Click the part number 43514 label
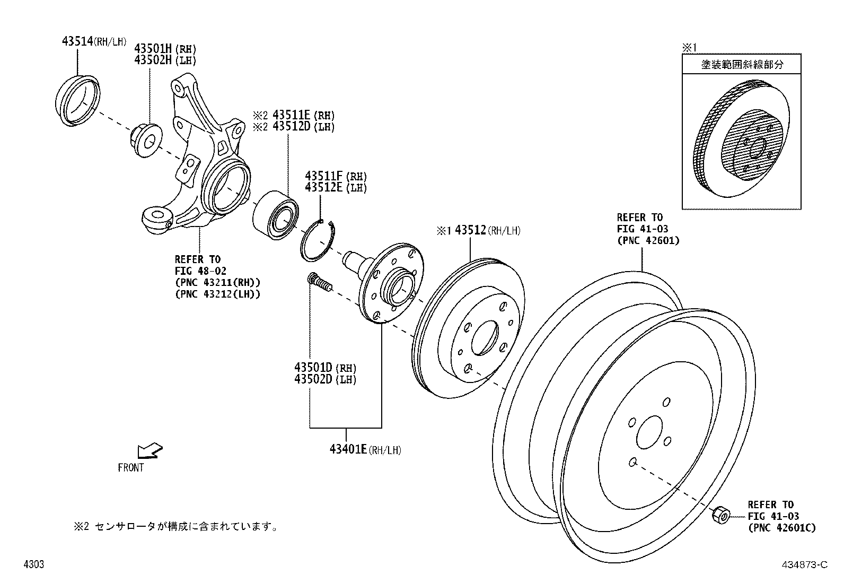(77, 41)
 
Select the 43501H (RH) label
(165, 49)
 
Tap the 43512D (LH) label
(303, 126)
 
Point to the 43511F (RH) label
(336, 176)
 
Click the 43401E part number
(348, 449)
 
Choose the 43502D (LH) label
(325, 379)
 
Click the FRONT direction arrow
(150, 450)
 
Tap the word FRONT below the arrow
(131, 467)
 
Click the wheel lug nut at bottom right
(721, 516)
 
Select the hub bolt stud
(320, 282)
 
